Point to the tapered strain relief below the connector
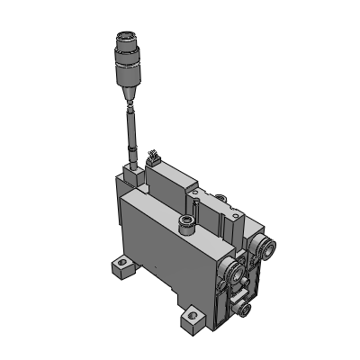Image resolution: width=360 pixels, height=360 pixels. (x=127, y=93)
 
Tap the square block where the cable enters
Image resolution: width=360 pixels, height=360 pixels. (x=132, y=171)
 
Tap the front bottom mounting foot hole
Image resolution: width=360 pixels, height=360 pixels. (x=192, y=317)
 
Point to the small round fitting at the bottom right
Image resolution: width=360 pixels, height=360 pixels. (x=244, y=310)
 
